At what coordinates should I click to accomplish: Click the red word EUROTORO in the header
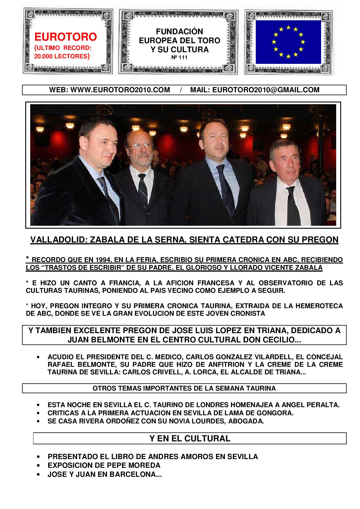point(66,37)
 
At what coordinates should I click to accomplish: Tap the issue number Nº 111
point(179,57)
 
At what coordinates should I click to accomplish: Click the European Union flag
point(288,42)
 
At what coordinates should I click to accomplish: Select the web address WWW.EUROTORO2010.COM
point(120,90)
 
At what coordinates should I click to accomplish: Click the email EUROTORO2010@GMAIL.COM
point(266,90)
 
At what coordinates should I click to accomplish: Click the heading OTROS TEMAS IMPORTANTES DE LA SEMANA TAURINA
point(184,388)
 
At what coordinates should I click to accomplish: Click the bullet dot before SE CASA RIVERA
point(38,421)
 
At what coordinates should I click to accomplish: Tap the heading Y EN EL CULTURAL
point(190,438)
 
